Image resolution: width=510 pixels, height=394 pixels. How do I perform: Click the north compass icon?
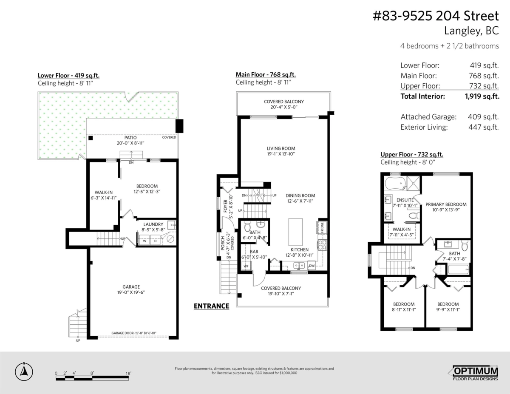[24, 372]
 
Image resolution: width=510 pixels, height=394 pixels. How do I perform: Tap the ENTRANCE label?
[211, 306]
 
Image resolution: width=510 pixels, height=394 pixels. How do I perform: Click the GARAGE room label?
[131, 287]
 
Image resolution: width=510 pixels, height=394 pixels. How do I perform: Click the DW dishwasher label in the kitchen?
[312, 266]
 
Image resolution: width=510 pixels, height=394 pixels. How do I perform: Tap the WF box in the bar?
[246, 266]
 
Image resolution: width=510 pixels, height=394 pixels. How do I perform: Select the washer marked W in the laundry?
[144, 241]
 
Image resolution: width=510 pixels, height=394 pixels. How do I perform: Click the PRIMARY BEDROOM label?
[446, 204]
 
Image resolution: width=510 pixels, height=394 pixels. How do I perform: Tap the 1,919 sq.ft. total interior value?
[482, 96]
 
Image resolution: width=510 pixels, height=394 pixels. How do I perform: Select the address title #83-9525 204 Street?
[435, 16]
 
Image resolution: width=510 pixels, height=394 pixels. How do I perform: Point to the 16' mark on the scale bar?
[128, 373]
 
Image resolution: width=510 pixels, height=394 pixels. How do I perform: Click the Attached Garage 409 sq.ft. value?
[484, 116]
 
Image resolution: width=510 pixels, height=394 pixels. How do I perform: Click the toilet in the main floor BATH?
[261, 224]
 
